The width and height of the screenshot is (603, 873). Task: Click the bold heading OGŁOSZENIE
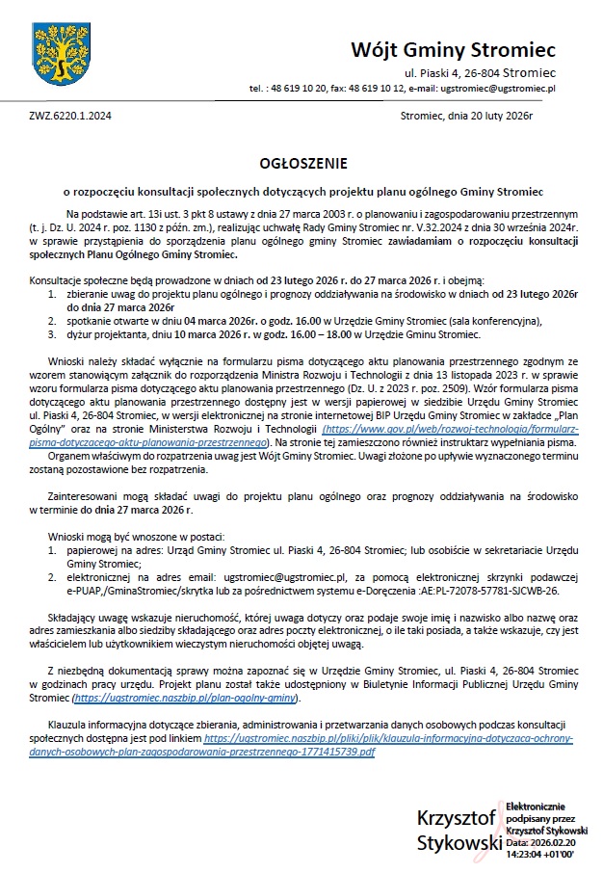(x=302, y=164)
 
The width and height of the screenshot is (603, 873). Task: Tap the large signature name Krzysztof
(x=456, y=819)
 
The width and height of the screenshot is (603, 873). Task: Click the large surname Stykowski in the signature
(x=459, y=842)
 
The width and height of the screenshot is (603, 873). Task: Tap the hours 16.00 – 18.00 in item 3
(x=297, y=334)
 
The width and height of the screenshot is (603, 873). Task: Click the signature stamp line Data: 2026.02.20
(x=541, y=841)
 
